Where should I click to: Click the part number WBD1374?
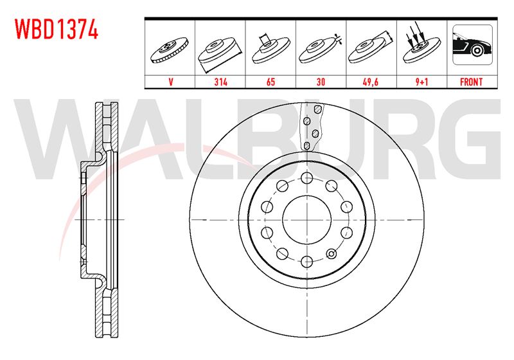click(57, 29)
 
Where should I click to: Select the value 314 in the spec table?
click(220, 82)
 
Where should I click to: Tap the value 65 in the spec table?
click(270, 82)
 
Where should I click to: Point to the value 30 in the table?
click(321, 82)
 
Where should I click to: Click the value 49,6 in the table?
click(371, 82)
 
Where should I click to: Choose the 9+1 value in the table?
click(421, 82)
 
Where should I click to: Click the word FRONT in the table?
click(472, 82)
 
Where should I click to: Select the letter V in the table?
click(170, 82)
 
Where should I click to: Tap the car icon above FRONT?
click(472, 44)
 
